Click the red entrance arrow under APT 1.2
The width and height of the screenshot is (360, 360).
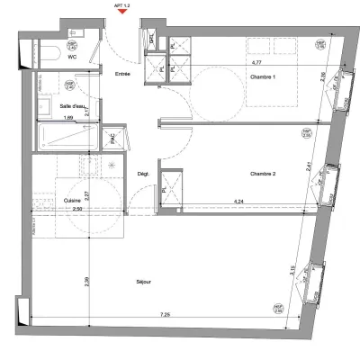(x=123, y=12)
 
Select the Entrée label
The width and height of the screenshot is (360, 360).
(x=123, y=73)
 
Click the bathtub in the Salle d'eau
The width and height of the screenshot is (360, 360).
(x=68, y=137)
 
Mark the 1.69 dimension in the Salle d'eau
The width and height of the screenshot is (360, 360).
(x=67, y=118)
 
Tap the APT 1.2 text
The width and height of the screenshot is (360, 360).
(x=123, y=4)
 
